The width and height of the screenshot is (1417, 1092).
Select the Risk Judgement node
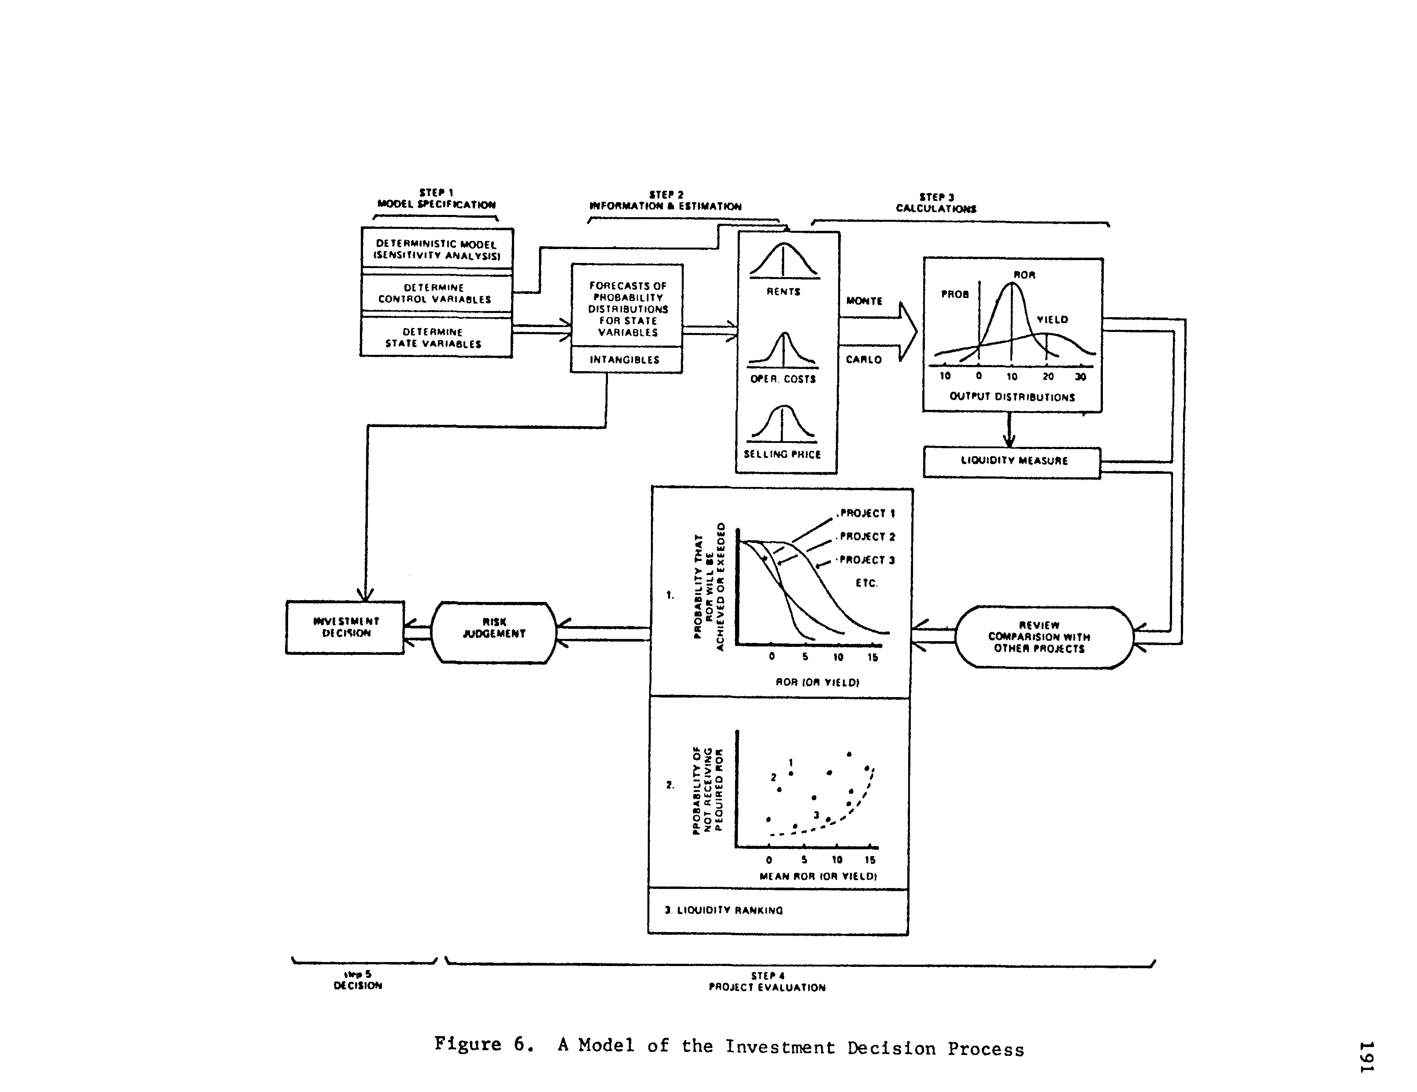click(494, 633)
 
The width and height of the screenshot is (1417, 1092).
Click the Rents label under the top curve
click(784, 292)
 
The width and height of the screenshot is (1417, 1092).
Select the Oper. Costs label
click(783, 379)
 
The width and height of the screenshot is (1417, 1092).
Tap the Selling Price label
click(782, 455)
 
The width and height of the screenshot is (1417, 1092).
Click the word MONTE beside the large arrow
click(864, 301)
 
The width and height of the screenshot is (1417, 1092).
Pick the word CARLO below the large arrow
click(863, 359)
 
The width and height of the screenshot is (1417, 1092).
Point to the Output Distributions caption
click(1012, 397)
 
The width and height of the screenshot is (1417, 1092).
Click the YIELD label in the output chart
click(1052, 320)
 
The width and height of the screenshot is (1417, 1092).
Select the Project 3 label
click(867, 560)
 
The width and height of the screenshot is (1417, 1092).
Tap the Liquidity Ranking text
click(724, 910)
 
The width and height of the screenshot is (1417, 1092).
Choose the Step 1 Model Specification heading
click(437, 198)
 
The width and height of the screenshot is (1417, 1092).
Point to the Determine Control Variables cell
click(435, 293)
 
